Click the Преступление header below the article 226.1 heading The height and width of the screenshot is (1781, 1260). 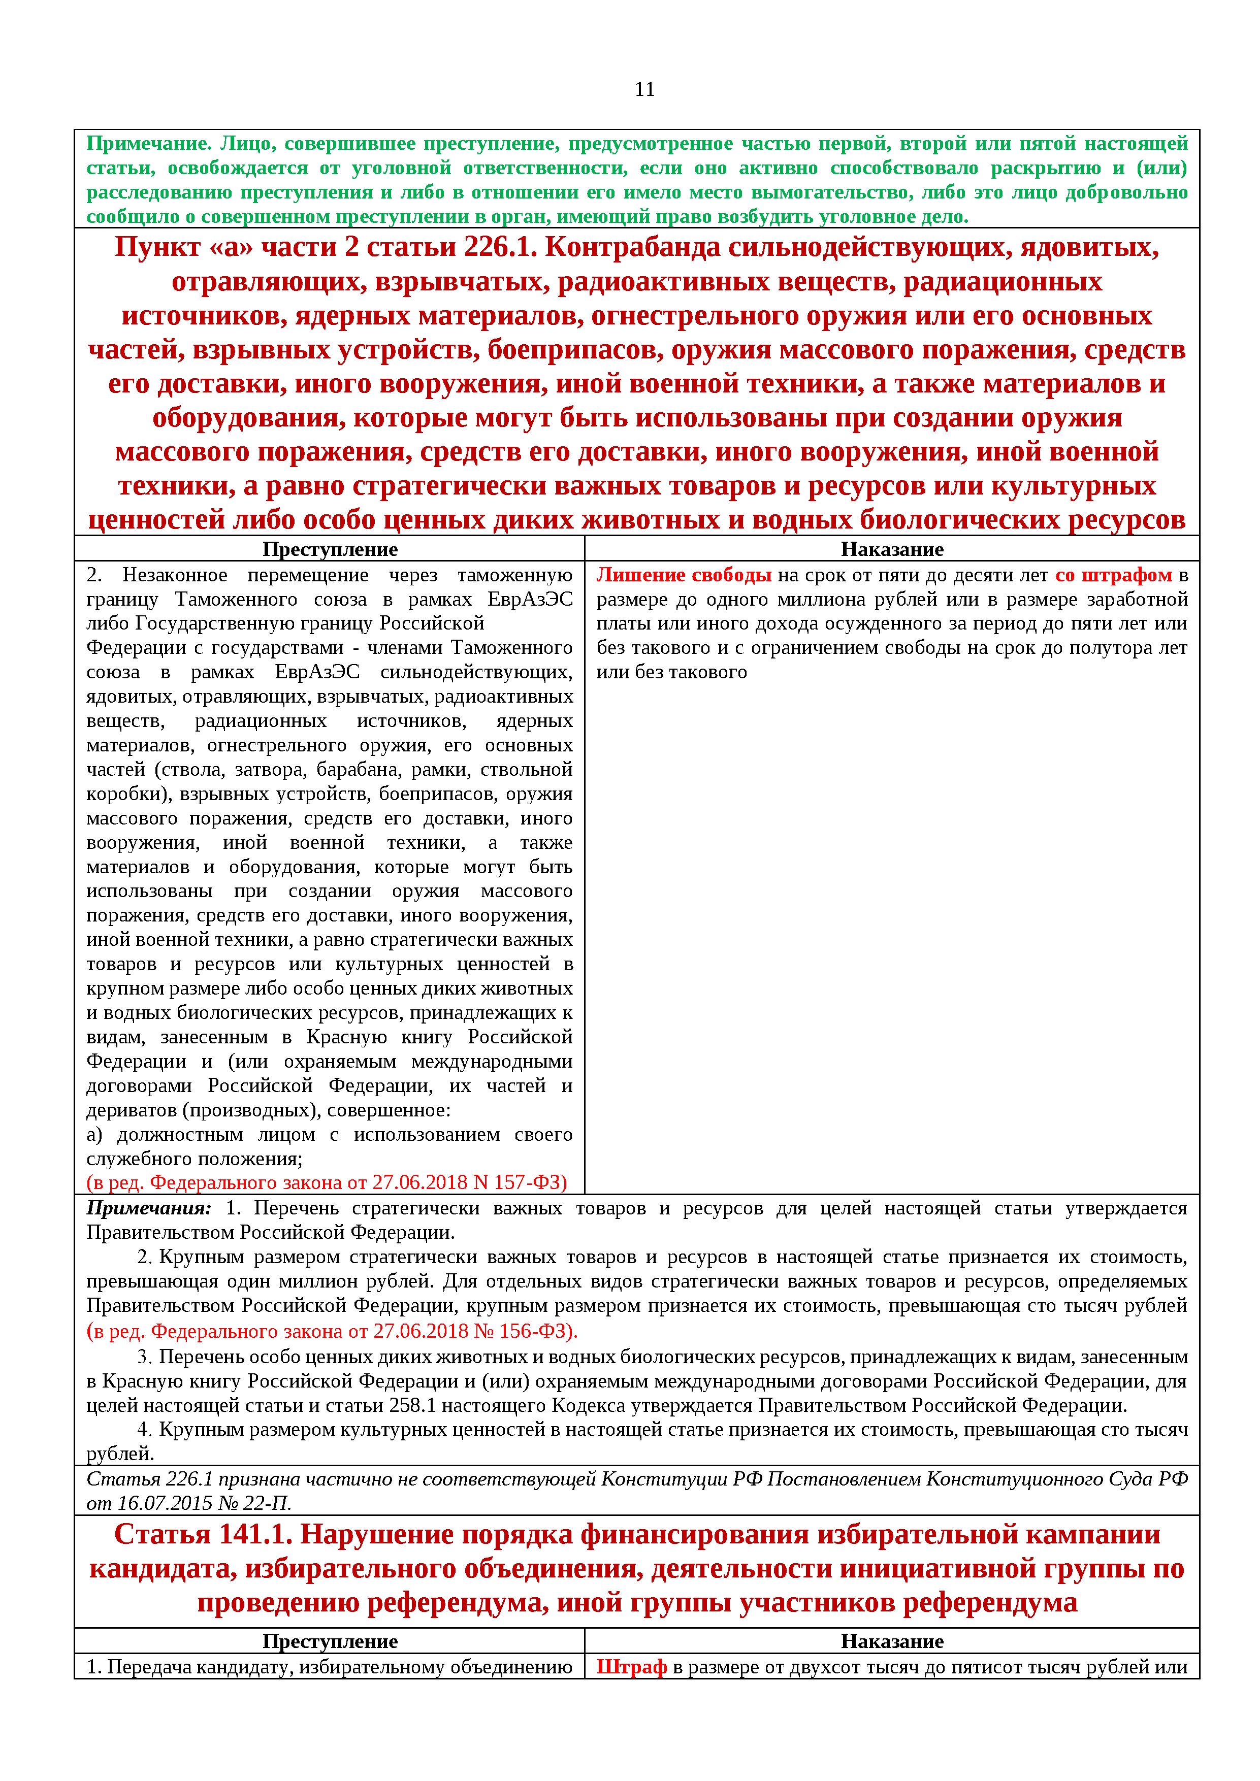(x=330, y=550)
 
